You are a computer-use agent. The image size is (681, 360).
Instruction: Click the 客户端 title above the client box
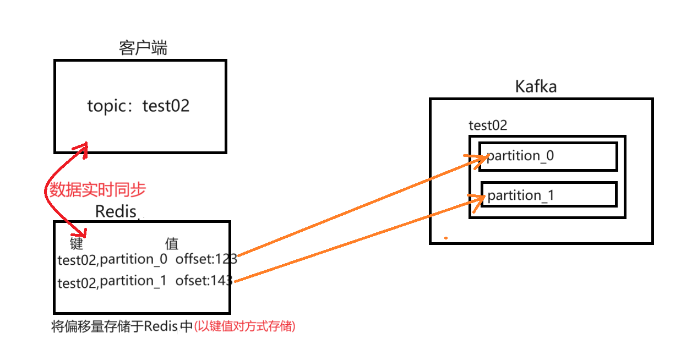click(143, 48)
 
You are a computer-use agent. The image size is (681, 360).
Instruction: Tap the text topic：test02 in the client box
click(138, 106)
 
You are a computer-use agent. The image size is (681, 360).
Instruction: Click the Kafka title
click(536, 86)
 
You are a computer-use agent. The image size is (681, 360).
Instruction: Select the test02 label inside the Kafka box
click(488, 126)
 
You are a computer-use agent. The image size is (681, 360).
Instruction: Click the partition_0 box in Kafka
click(548, 156)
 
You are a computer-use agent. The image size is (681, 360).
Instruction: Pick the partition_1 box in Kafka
click(549, 195)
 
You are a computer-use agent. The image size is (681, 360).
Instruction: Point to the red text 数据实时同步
click(97, 190)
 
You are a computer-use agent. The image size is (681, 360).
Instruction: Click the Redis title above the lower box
click(116, 211)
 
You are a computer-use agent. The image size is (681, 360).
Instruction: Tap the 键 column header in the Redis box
click(77, 243)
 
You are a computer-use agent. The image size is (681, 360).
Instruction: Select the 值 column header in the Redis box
click(172, 243)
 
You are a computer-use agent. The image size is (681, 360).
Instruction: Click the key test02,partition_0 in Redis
click(112, 260)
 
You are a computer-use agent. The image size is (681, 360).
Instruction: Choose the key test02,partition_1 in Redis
click(112, 282)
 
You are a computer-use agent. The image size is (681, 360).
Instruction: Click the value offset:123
click(206, 259)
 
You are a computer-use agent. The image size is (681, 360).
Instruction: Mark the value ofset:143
click(204, 281)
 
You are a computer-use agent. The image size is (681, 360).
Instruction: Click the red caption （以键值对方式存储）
click(245, 326)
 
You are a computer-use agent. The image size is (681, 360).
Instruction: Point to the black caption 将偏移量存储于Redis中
click(122, 326)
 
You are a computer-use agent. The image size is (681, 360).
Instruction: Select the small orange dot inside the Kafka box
click(446, 238)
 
